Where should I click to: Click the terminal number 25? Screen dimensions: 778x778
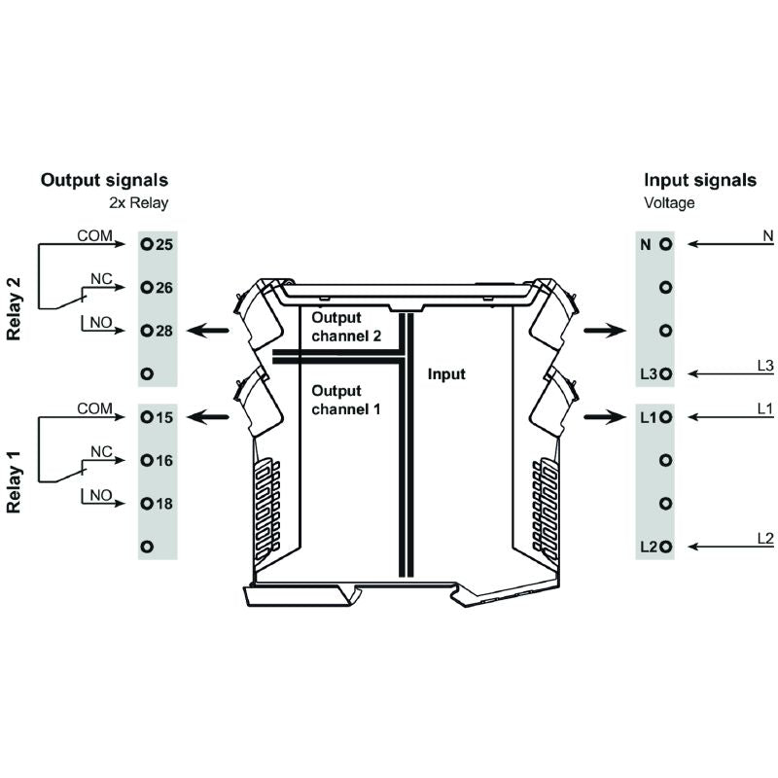tap(164, 244)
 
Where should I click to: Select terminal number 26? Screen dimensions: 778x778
tap(164, 288)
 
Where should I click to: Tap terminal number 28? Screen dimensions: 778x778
tap(164, 331)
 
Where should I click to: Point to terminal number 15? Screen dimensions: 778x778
tap(164, 417)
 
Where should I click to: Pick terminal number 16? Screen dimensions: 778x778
tap(164, 460)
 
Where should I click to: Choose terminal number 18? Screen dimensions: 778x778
tap(164, 504)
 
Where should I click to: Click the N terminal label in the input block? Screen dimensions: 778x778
tap(645, 244)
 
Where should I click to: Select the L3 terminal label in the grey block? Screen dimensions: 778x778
tap(648, 374)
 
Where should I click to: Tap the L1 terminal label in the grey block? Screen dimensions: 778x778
tap(648, 417)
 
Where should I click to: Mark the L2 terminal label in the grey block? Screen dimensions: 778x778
tap(648, 548)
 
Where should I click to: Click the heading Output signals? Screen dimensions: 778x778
tap(104, 180)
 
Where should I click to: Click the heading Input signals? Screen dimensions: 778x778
tap(700, 180)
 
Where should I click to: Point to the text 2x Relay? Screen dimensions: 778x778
tap(138, 203)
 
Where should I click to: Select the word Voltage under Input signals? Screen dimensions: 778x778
tap(671, 203)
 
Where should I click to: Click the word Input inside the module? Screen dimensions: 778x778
tap(446, 373)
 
